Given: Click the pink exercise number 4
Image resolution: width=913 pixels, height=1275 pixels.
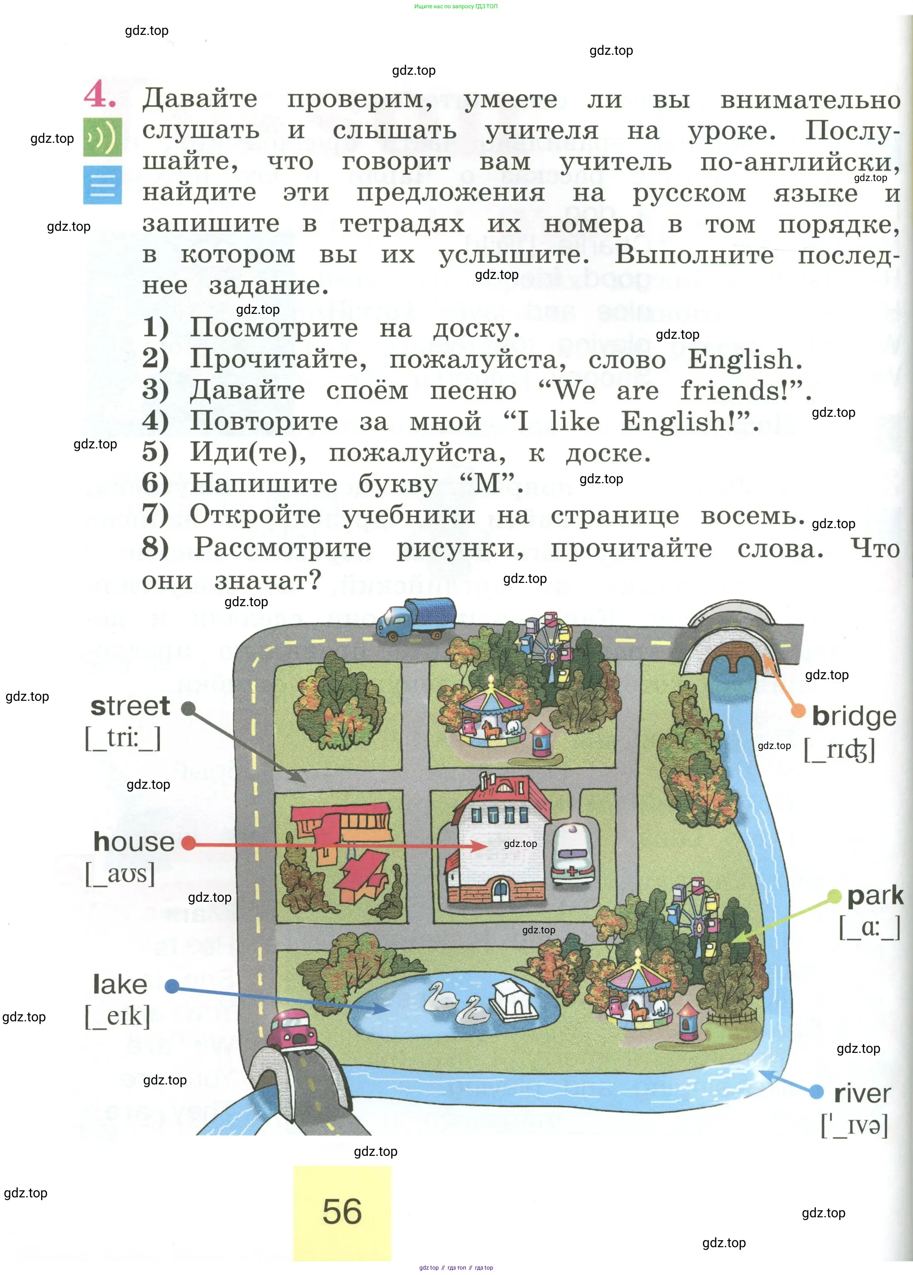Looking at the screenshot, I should tap(100, 94).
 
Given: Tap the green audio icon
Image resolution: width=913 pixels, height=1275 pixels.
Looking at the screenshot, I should tap(102, 137).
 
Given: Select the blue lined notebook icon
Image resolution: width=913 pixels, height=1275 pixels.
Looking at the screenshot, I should tap(102, 184).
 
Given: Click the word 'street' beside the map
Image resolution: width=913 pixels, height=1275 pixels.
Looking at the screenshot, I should tap(130, 706).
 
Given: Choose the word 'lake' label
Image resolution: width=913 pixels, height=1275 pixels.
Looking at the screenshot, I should tap(120, 984).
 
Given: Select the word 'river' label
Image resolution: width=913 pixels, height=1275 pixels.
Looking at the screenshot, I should tap(862, 1094).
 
